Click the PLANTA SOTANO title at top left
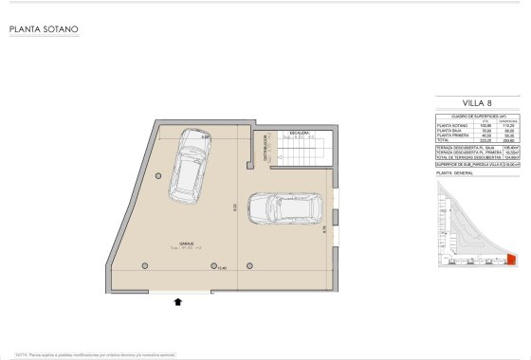(44, 29)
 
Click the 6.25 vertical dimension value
(233, 207)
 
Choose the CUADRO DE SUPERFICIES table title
(473, 114)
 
